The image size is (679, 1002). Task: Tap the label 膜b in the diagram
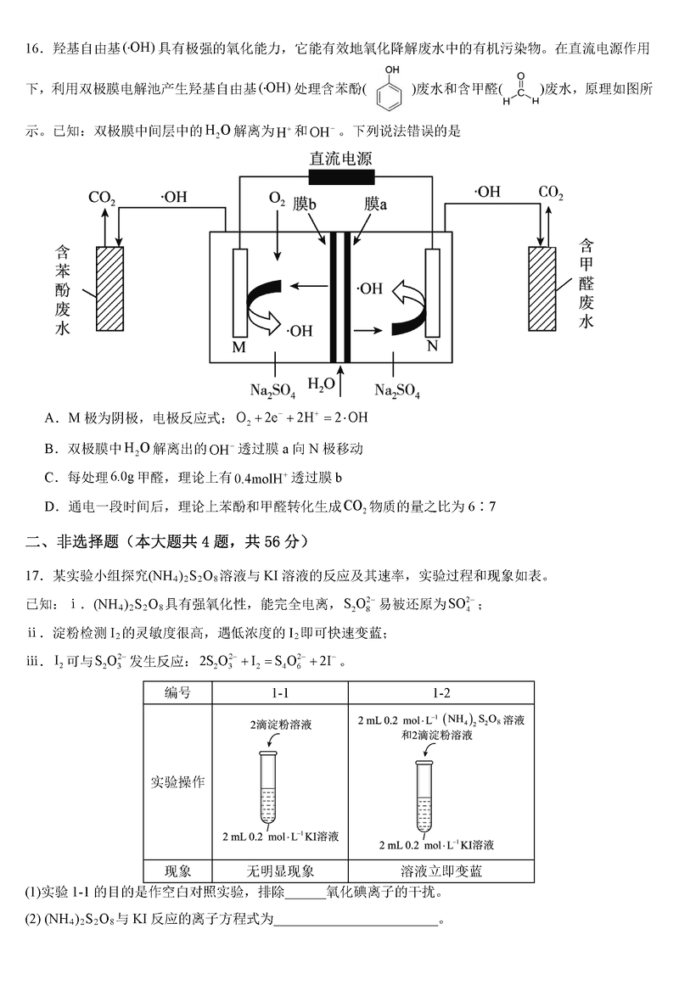tap(305, 204)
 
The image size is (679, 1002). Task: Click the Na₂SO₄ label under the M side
tap(273, 390)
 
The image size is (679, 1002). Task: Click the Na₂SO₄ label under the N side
tap(398, 390)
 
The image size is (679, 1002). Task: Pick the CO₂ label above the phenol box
tap(102, 199)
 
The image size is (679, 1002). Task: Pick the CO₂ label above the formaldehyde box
tap(550, 193)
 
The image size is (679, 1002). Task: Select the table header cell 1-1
tap(280, 693)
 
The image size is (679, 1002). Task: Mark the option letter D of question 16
tap(51, 507)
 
